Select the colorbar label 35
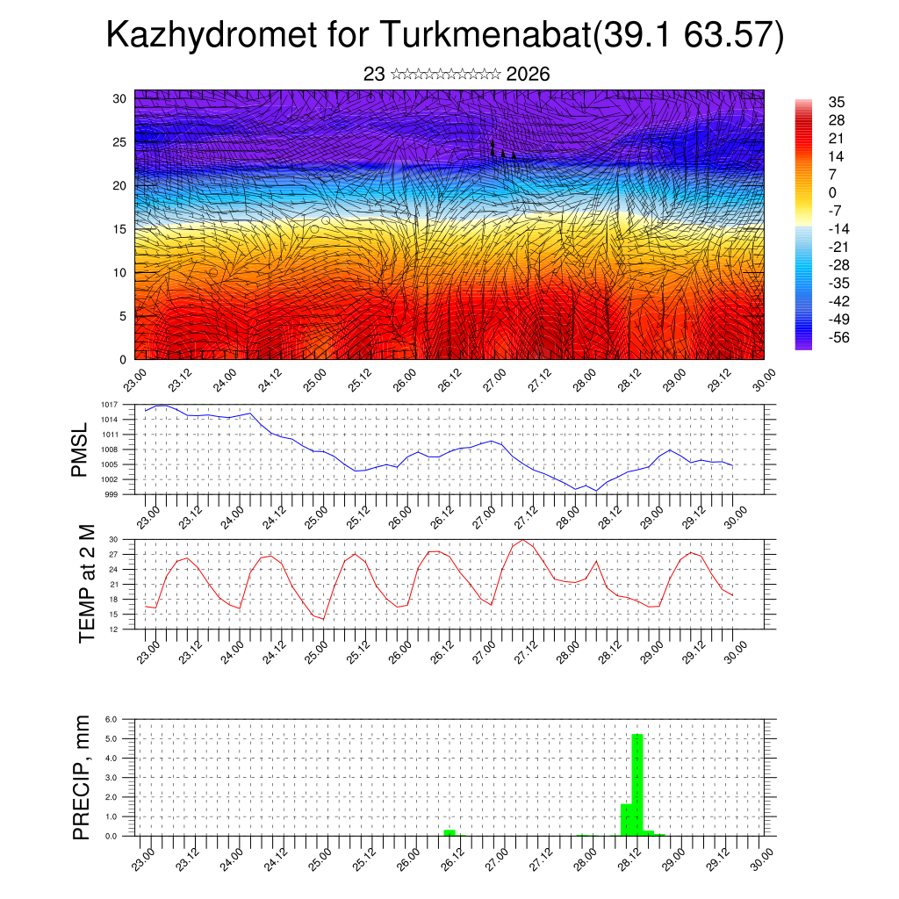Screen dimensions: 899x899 pyautogui.click(x=838, y=102)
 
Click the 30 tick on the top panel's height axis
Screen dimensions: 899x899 pyautogui.click(x=119, y=98)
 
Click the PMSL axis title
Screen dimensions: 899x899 pyautogui.click(x=80, y=449)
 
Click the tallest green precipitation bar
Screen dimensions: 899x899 pyautogui.click(x=637, y=784)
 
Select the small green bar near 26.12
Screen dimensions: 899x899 pyautogui.click(x=449, y=832)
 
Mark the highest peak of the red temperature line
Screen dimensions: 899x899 pyautogui.click(x=523, y=540)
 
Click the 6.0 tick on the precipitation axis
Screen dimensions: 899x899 pyautogui.click(x=111, y=719)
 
